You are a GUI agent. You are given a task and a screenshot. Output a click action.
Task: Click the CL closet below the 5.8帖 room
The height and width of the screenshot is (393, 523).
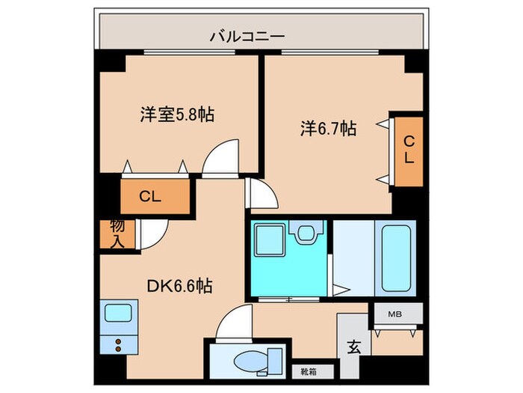tap(150, 198)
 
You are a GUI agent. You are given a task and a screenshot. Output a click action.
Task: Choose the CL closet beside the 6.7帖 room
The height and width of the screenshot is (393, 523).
tap(409, 150)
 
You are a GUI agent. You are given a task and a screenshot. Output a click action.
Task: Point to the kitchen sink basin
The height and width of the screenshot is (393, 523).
tap(117, 312)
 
